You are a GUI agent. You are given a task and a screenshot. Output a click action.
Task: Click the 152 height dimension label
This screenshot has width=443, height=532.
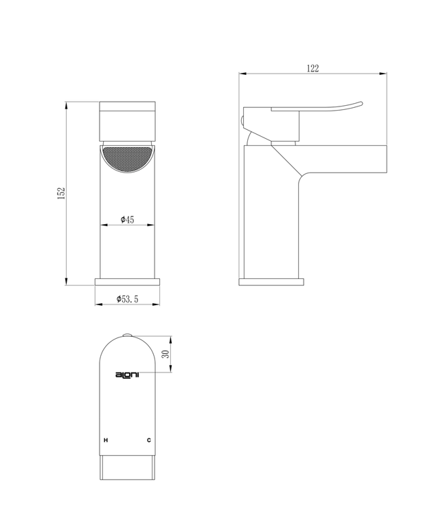(61, 193)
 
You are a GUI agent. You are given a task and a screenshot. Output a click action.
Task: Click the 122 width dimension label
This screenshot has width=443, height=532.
(313, 67)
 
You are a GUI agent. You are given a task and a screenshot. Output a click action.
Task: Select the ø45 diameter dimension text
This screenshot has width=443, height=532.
(127, 219)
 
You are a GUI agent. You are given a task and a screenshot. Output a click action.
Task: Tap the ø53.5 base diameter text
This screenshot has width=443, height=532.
(128, 298)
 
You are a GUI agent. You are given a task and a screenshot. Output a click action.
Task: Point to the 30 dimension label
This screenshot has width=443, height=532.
(166, 354)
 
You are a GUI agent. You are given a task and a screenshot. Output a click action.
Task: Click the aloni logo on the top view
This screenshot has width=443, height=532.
(127, 375)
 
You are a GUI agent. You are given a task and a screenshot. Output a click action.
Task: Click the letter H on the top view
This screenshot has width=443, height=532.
(105, 439)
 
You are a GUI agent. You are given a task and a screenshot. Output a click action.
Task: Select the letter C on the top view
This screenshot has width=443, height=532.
(149, 439)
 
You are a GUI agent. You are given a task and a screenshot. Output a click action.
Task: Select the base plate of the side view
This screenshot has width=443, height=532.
(271, 281)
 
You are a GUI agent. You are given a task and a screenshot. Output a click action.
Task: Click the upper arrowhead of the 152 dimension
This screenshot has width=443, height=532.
(67, 105)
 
